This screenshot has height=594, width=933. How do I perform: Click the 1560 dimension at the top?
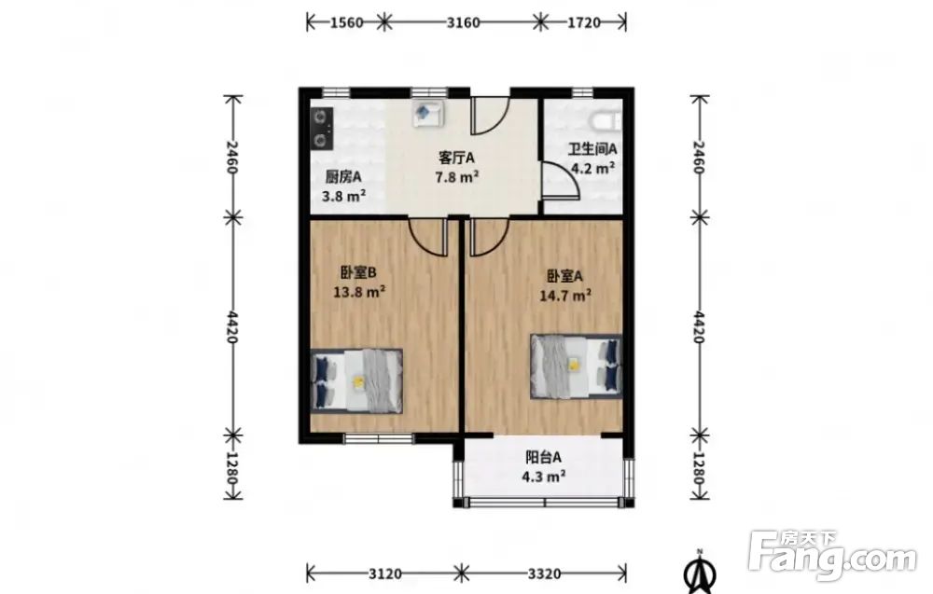346,22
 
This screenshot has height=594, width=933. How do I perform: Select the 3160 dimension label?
463,22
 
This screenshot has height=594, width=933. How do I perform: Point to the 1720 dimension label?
584,22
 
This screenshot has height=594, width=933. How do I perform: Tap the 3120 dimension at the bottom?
385,573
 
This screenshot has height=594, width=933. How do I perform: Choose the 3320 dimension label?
544,573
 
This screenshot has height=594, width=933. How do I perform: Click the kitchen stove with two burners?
322,128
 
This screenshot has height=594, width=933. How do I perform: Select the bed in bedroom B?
357,380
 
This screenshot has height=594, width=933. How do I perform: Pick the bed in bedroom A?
576,366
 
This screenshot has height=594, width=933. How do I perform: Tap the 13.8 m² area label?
359,292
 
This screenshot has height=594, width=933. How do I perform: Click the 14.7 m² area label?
565,295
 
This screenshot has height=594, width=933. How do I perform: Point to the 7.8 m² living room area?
457,176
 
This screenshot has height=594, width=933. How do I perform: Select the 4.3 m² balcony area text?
543,477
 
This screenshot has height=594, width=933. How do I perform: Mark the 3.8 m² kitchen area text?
343,195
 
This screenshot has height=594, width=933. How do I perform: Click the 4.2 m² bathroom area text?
592,168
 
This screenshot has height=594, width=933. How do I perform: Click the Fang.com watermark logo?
832,556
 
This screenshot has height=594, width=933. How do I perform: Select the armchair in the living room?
428,113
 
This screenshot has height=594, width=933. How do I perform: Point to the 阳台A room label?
543,457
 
